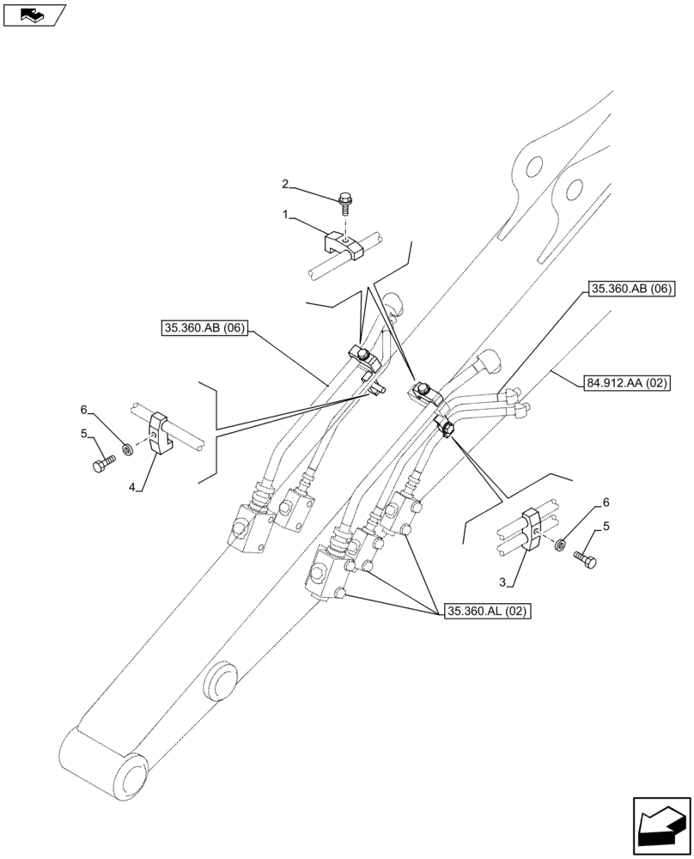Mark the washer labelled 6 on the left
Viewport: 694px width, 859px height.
128,448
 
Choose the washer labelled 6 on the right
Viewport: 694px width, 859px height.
561,544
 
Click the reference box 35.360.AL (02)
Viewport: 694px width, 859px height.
487,612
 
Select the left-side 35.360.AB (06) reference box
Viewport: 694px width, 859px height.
204,327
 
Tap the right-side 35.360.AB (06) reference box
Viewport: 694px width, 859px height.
631,289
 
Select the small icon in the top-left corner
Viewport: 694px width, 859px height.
33,14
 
